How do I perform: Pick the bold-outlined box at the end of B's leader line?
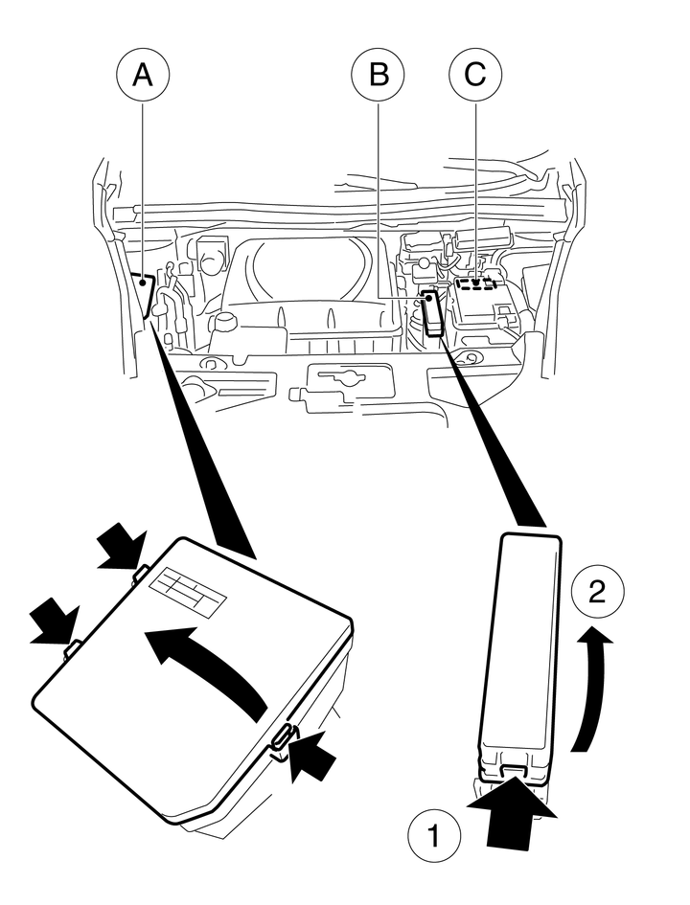pos(432,312)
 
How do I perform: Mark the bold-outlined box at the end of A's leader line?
pos(143,293)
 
